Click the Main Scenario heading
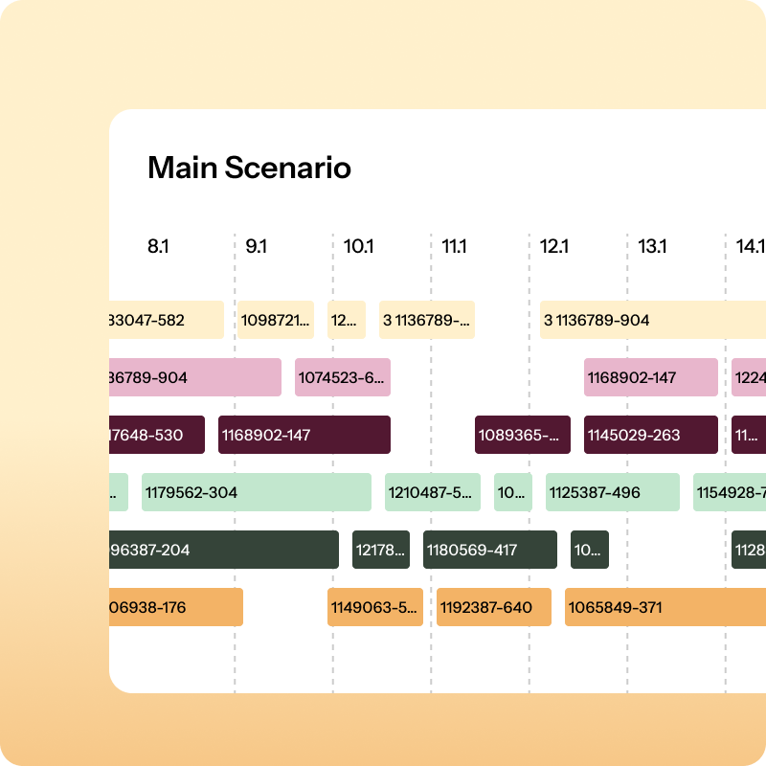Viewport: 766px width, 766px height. click(249, 169)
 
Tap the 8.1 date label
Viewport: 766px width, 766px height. click(158, 246)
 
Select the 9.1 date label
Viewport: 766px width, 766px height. click(256, 246)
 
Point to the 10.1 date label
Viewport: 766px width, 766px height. click(358, 246)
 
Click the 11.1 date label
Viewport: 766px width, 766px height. click(454, 246)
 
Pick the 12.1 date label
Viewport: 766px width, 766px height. click(553, 246)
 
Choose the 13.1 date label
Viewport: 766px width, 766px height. click(652, 246)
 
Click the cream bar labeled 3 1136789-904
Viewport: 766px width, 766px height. click(651, 320)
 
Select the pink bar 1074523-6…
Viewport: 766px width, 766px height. click(342, 377)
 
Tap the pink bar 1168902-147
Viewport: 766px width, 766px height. click(650, 377)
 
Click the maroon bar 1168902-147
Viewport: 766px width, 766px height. click(304, 435)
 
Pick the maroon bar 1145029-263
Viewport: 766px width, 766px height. click(650, 435)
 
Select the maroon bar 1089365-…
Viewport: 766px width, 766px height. click(522, 435)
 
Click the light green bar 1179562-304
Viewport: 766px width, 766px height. click(256, 492)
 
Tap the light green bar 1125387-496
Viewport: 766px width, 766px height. click(612, 492)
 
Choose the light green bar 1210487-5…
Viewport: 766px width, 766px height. click(432, 492)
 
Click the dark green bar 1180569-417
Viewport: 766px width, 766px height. click(489, 550)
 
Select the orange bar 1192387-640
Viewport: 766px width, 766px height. click(493, 607)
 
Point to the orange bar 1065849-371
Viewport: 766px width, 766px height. click(665, 607)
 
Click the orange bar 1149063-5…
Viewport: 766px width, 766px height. click(374, 607)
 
